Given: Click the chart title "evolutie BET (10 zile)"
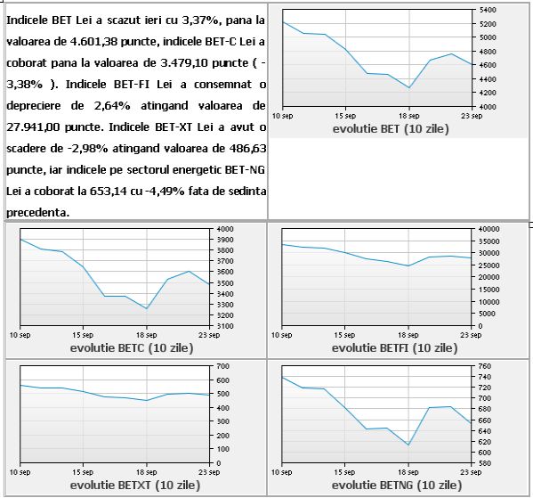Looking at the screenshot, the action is (x=391, y=129).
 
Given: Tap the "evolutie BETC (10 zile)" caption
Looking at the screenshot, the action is (x=132, y=348).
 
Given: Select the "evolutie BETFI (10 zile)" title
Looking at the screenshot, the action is (x=395, y=348).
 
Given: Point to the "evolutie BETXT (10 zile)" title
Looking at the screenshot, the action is (x=135, y=485).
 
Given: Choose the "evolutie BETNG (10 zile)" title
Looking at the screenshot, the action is (x=397, y=485).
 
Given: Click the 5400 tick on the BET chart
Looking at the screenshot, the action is (x=488, y=10).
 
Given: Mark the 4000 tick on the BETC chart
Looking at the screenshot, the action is (x=225, y=229).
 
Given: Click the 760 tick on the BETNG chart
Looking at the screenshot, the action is (x=485, y=366).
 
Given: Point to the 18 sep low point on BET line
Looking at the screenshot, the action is (x=409, y=88).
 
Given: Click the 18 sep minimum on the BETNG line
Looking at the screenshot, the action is (x=408, y=445).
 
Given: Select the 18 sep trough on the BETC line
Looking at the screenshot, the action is (x=147, y=308).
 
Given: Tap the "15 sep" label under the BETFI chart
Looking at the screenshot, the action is (x=344, y=335).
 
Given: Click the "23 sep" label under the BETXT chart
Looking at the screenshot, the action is (x=209, y=472).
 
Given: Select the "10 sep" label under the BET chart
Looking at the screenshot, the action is (x=282, y=116).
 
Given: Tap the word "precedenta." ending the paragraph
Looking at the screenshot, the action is (x=38, y=213).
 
